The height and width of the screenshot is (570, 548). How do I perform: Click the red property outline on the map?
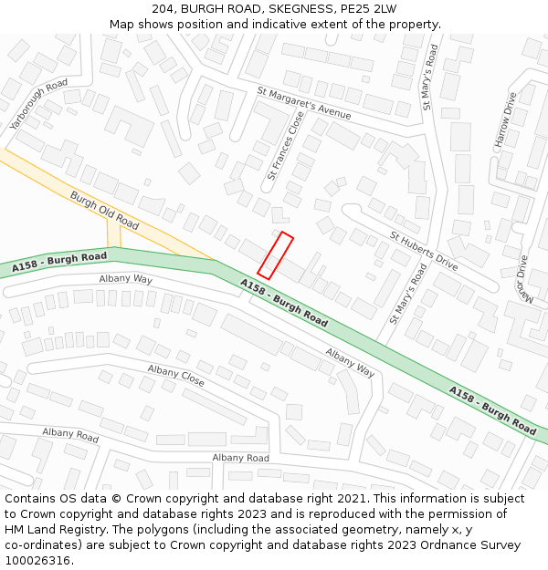(275, 255)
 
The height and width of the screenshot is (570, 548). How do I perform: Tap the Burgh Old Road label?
(103, 210)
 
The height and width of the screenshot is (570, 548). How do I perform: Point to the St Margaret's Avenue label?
(304, 103)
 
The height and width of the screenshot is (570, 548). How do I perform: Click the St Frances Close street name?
(285, 146)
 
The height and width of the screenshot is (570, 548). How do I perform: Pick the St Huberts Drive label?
(424, 251)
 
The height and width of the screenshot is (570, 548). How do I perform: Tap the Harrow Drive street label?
(505, 119)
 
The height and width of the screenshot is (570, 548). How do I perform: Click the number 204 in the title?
(163, 8)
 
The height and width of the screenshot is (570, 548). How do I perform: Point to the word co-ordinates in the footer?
(40, 545)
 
